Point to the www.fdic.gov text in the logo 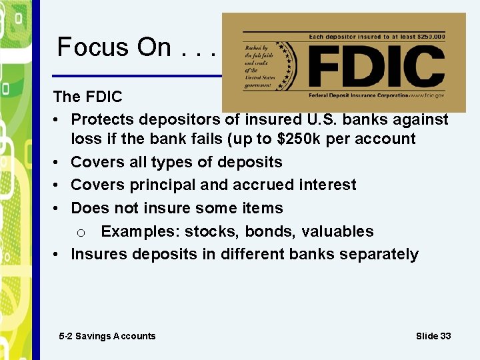[426, 96]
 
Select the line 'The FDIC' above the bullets [87, 97]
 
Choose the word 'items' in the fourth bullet [261, 208]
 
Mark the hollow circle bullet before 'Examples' [80, 233]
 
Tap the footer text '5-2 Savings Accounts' [107, 336]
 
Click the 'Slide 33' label [433, 336]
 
